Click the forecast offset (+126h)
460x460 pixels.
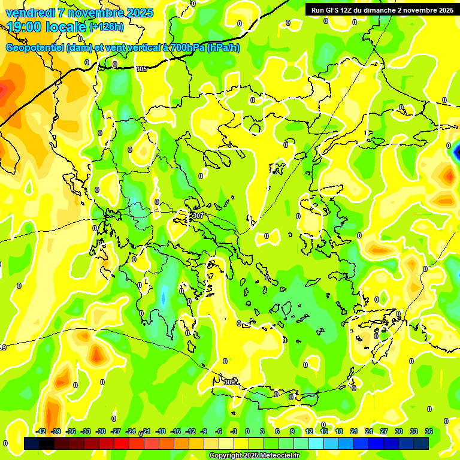pos(106,27)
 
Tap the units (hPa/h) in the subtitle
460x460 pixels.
pos(223,48)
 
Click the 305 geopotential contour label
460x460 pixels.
pos(141,69)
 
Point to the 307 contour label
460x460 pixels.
pos(198,216)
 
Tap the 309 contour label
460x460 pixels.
pos(229,382)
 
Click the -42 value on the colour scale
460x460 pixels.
pos(41,431)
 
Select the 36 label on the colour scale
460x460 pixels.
pos(429,431)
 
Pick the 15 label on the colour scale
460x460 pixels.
pos(324,431)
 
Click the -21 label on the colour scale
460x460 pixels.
pos(146,431)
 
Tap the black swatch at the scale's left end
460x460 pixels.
pos(32,443)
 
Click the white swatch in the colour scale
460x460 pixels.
pos(226,443)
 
